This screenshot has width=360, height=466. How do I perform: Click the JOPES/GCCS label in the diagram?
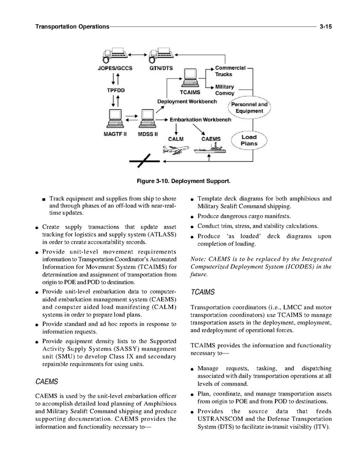(x=115, y=68)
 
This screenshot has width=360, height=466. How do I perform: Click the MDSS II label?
(x=148, y=135)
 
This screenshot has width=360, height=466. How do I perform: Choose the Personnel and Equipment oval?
(x=249, y=108)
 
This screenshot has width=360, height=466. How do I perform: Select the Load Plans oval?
(x=249, y=140)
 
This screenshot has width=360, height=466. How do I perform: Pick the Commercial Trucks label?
(x=230, y=71)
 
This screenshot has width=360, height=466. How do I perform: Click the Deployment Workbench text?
(x=187, y=102)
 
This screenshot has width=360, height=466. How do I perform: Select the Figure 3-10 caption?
(x=180, y=181)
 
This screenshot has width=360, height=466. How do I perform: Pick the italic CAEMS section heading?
(x=46, y=382)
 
